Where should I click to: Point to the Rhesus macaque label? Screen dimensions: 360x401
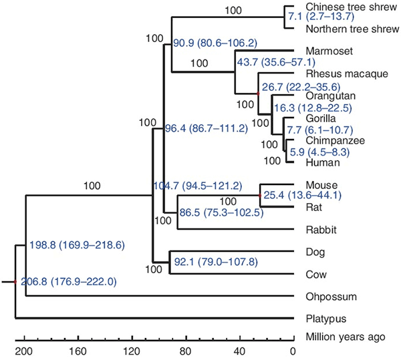coord(338,73)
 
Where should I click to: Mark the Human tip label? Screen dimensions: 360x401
coord(319,162)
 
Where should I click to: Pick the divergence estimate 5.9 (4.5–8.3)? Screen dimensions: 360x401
coord(317,152)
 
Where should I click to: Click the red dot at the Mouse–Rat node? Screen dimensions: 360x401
coord(259,196)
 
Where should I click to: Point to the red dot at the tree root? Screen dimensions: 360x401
coord(15,283)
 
